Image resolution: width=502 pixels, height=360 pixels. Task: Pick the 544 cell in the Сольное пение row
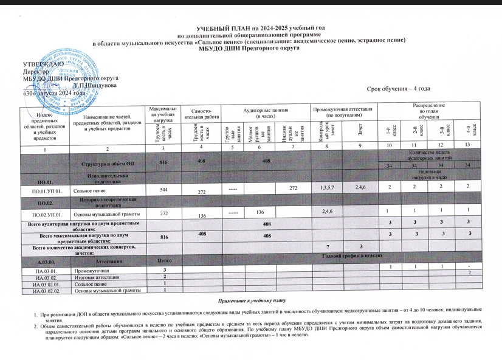pyautogui.click(x=162, y=190)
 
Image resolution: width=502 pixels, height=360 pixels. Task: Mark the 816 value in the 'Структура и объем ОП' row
pyautogui.click(x=163, y=163)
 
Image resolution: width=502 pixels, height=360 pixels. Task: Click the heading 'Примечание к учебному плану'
pyautogui.click(x=251, y=302)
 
